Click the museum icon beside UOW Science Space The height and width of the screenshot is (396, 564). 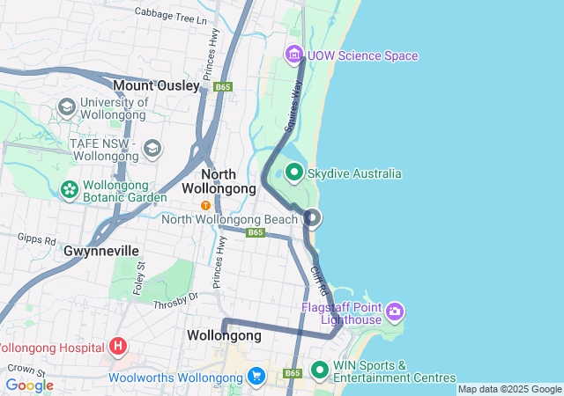[x=293, y=55]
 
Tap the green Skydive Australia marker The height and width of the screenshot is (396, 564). [x=293, y=172]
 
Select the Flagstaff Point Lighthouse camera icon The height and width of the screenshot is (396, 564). [x=395, y=311]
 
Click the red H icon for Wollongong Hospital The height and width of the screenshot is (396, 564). [x=118, y=346]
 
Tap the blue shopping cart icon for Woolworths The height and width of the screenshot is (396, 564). [x=256, y=376]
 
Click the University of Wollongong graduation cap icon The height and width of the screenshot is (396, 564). [x=66, y=107]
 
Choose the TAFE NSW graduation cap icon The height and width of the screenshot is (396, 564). [x=152, y=147]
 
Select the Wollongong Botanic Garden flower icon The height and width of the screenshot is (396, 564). [x=69, y=188]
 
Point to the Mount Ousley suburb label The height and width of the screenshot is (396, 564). [x=156, y=85]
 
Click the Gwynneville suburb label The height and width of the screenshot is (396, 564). [x=101, y=251]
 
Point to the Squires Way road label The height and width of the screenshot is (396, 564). [x=293, y=113]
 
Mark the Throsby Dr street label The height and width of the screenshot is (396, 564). [x=176, y=300]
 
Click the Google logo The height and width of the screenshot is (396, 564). [x=29, y=385]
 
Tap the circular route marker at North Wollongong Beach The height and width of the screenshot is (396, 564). [x=311, y=218]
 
